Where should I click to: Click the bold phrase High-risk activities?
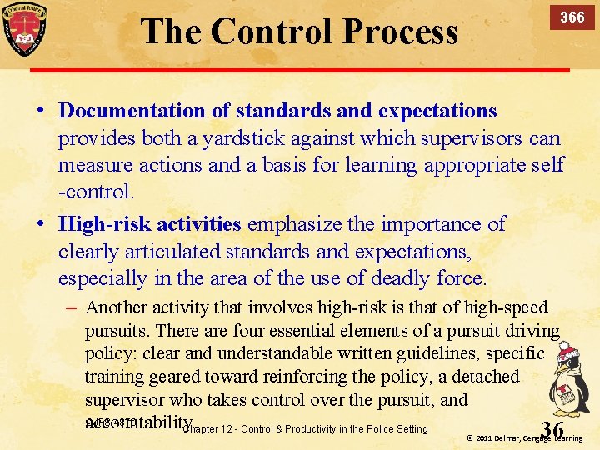point(150,224)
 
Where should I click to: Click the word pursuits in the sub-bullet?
point(117,330)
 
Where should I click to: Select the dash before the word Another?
point(71,307)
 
